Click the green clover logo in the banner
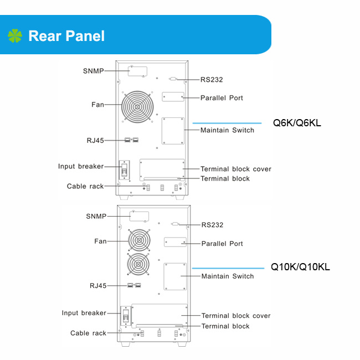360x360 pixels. point(15,35)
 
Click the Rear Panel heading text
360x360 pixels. point(66,36)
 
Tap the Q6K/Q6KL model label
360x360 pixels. point(297,123)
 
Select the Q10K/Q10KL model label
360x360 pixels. point(300,267)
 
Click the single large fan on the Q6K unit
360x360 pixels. point(137,107)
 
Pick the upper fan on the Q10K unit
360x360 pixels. point(139,240)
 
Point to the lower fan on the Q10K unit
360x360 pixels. point(138,264)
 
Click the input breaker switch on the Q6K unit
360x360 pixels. point(124,170)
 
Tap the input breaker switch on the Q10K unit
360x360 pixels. point(126,316)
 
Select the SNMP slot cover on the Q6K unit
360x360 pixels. point(137,71)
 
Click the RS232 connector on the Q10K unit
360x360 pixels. point(175,224)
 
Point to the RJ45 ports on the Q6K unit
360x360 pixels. point(132,140)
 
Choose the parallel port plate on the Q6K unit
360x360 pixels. point(173,97)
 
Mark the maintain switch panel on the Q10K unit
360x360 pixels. point(175,277)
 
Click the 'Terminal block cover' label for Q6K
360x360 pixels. point(236,169)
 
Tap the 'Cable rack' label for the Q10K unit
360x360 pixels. point(88,333)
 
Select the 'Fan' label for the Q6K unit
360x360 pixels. point(98,105)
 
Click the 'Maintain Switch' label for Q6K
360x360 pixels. point(227,130)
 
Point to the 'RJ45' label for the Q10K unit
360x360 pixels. point(98,286)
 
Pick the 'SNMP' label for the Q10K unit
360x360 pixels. point(96,216)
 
